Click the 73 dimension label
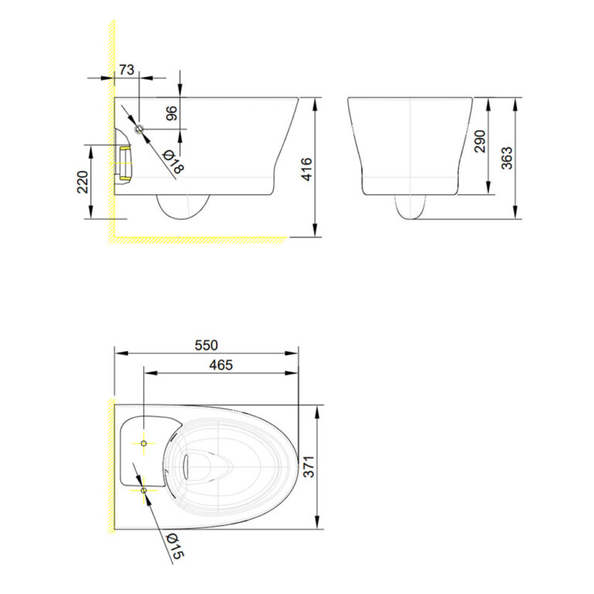(x=126, y=70)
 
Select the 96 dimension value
(x=172, y=113)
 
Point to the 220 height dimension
(x=84, y=182)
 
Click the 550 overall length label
(x=206, y=345)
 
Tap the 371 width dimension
(x=309, y=466)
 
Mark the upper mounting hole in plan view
(x=145, y=443)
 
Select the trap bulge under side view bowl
(x=183, y=207)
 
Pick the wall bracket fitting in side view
(x=123, y=162)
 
